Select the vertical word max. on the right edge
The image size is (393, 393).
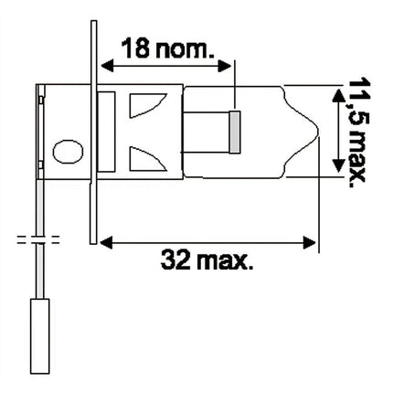click(355, 157)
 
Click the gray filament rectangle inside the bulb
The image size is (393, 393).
click(234, 131)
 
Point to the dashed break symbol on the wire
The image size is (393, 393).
click(37, 243)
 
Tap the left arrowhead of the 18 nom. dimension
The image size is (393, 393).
click(105, 66)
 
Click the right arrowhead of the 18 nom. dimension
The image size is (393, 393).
click(230, 66)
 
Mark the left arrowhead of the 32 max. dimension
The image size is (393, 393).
click(105, 241)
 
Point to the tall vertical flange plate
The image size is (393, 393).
click(94, 128)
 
